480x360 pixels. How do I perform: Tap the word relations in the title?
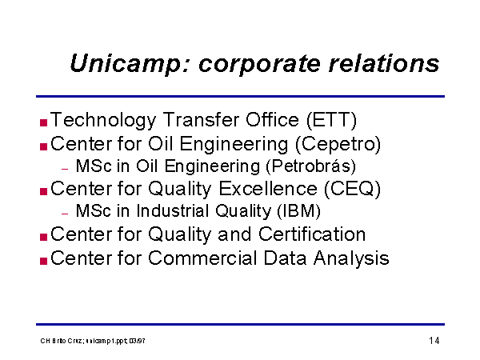click(384, 62)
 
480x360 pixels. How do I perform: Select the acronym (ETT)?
click(331, 120)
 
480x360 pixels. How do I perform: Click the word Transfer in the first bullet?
click(200, 119)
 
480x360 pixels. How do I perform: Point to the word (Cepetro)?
click(338, 144)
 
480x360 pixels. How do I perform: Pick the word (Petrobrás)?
click(311, 166)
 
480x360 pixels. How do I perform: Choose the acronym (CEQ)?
click(352, 189)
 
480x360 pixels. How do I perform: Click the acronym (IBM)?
click(298, 211)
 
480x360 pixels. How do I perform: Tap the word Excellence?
click(268, 188)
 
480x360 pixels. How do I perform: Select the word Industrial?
click(173, 211)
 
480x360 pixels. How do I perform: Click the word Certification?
click(312, 234)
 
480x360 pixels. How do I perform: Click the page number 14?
click(434, 341)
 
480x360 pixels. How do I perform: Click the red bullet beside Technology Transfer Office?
click(43, 122)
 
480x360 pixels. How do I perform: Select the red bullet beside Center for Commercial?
click(43, 261)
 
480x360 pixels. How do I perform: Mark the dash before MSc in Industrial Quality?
click(65, 214)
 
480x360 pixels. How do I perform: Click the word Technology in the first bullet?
click(104, 120)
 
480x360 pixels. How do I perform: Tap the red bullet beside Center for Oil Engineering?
click(43, 146)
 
